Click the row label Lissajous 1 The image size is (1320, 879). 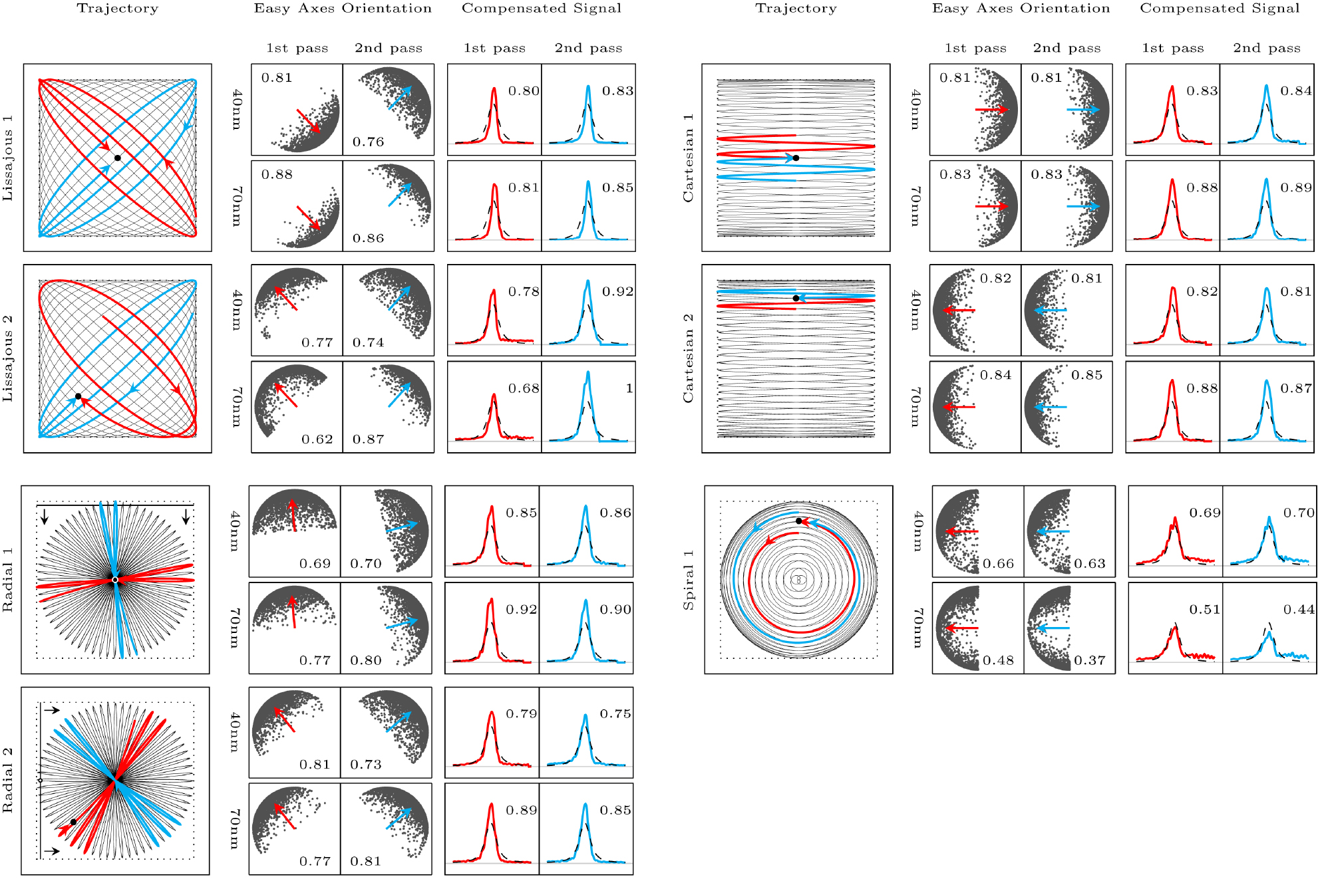tap(8, 158)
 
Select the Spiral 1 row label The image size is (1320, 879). tap(689, 580)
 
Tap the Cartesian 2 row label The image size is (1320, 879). tap(689, 358)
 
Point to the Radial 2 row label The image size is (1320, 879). tap(8, 780)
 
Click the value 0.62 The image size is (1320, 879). tap(317, 439)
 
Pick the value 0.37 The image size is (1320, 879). tap(1089, 660)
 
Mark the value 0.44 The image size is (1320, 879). tap(1298, 610)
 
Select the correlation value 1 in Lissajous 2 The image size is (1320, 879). tap(629, 388)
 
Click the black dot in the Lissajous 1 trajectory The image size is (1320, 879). tap(118, 158)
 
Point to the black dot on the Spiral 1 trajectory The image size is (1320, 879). tap(799, 521)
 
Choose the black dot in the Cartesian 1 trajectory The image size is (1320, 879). tap(796, 158)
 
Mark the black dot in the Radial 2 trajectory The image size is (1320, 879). tap(73, 822)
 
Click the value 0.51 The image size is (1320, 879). tap(1204, 610)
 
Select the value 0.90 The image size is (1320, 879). tap(615, 610)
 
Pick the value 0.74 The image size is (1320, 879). tap(368, 342)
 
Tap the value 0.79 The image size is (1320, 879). tap(521, 714)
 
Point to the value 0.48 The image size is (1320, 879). tap(998, 660)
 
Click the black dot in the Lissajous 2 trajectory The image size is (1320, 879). tap(79, 396)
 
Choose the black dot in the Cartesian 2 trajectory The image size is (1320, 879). tap(796, 299)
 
